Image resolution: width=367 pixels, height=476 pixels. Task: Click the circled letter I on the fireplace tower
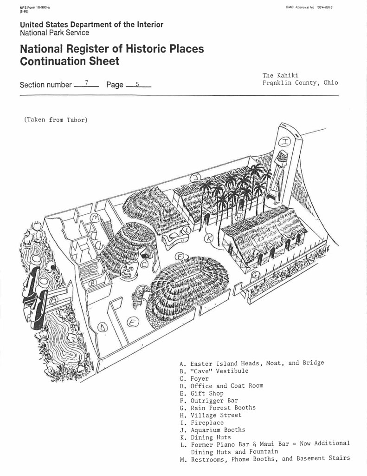285,141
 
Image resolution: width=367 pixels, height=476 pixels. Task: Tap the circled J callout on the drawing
196,177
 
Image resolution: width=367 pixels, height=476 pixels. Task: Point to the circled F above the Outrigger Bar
180,257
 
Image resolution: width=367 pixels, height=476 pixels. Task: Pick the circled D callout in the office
103,328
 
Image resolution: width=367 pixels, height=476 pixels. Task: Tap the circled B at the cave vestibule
92,282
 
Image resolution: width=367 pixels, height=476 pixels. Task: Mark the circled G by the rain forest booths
255,275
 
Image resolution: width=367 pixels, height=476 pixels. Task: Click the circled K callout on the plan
209,238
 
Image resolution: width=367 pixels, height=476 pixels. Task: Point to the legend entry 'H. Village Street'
210,416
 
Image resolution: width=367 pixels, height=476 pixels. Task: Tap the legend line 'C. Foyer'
194,378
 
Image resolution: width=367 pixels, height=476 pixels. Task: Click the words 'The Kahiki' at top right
280,75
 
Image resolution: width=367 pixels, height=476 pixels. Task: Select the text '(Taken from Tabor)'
56,120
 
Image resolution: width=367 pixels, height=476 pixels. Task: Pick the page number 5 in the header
137,84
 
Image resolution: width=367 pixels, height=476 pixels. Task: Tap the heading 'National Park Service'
55,33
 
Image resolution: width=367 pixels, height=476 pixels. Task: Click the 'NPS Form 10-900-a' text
35,7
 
